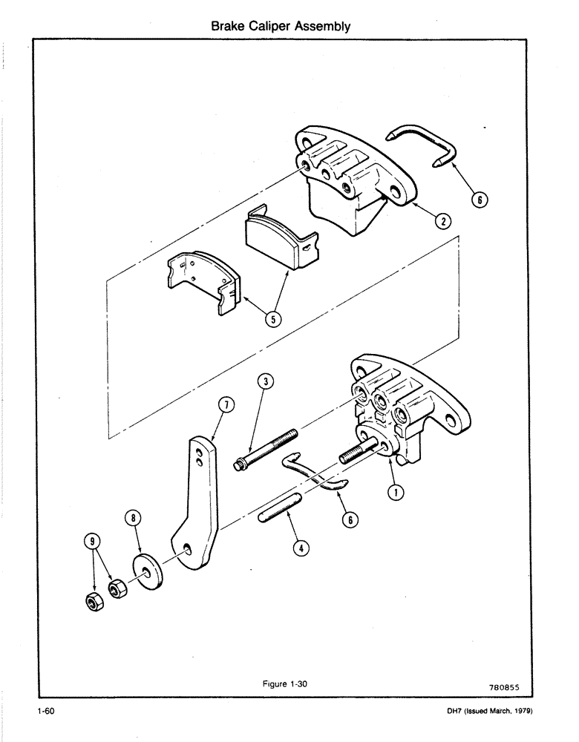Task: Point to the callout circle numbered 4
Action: [x=301, y=548]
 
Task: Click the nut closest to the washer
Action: [x=116, y=591]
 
